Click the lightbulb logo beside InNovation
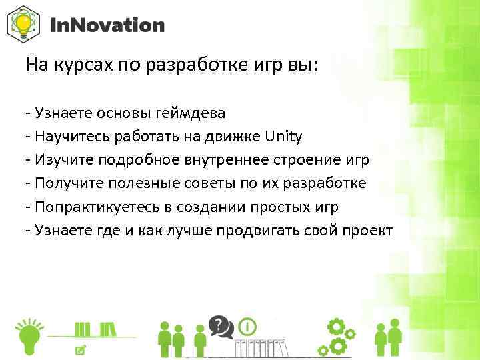click(x=23, y=25)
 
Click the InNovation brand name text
click(x=107, y=25)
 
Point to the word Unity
click(x=283, y=137)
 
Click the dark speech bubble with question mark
click(x=220, y=326)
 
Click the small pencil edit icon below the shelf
click(x=81, y=349)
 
